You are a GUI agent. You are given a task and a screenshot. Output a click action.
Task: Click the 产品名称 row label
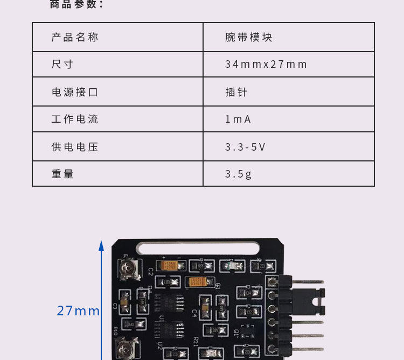(75, 38)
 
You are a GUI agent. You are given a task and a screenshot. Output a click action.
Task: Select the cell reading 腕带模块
(249, 38)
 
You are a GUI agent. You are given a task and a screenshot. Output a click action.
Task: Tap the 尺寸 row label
(62, 65)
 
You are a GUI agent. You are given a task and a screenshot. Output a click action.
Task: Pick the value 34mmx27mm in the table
(266, 65)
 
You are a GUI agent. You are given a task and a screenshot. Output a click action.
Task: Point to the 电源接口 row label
(75, 92)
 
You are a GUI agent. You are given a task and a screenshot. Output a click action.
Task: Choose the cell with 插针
(236, 92)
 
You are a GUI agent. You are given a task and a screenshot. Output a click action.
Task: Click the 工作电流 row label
(75, 119)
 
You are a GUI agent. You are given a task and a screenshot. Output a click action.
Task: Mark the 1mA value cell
(238, 119)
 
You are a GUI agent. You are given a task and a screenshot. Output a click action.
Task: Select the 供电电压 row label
(75, 147)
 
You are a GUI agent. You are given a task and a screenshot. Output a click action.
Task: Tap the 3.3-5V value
(245, 147)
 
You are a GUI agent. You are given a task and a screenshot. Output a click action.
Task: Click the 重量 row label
(62, 174)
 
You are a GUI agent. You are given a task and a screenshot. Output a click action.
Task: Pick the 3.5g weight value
(239, 174)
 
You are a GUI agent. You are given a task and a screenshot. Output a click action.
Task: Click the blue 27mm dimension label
(79, 311)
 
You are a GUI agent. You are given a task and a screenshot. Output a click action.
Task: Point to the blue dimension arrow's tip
(101, 243)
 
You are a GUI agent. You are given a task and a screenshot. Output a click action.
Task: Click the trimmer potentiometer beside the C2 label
(128, 267)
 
